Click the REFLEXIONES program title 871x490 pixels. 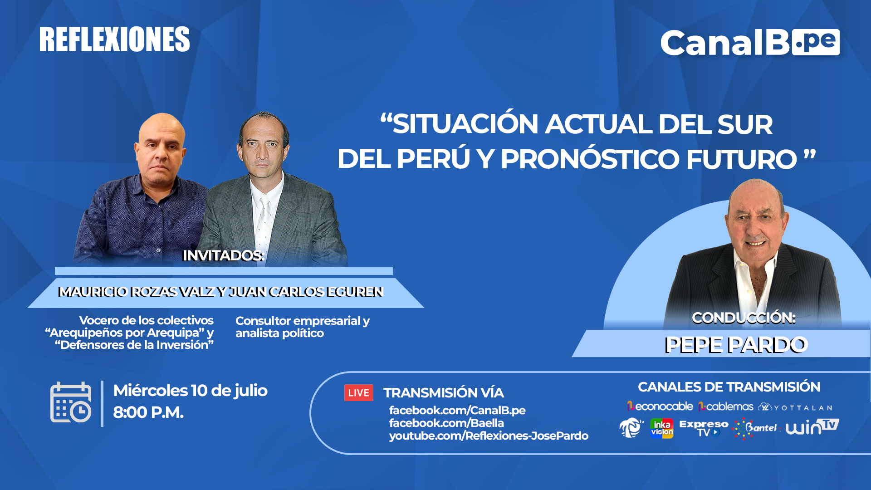114,39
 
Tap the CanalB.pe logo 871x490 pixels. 750,43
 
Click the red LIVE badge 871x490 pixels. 358,393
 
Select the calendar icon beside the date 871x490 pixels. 71,402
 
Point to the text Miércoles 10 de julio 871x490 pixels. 191,391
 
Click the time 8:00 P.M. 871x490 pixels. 148,412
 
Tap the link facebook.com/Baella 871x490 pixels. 446,423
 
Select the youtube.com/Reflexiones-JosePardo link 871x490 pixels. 489,436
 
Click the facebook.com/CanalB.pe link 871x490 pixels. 457,410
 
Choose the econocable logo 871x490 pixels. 660,406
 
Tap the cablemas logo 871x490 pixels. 726,407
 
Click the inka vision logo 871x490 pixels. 662,428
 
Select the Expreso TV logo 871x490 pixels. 704,428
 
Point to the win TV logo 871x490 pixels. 812,427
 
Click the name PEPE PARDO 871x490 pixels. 736,345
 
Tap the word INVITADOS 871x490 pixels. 223,255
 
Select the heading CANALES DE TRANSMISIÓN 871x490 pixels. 729,387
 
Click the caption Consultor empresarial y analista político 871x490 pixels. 303,327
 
